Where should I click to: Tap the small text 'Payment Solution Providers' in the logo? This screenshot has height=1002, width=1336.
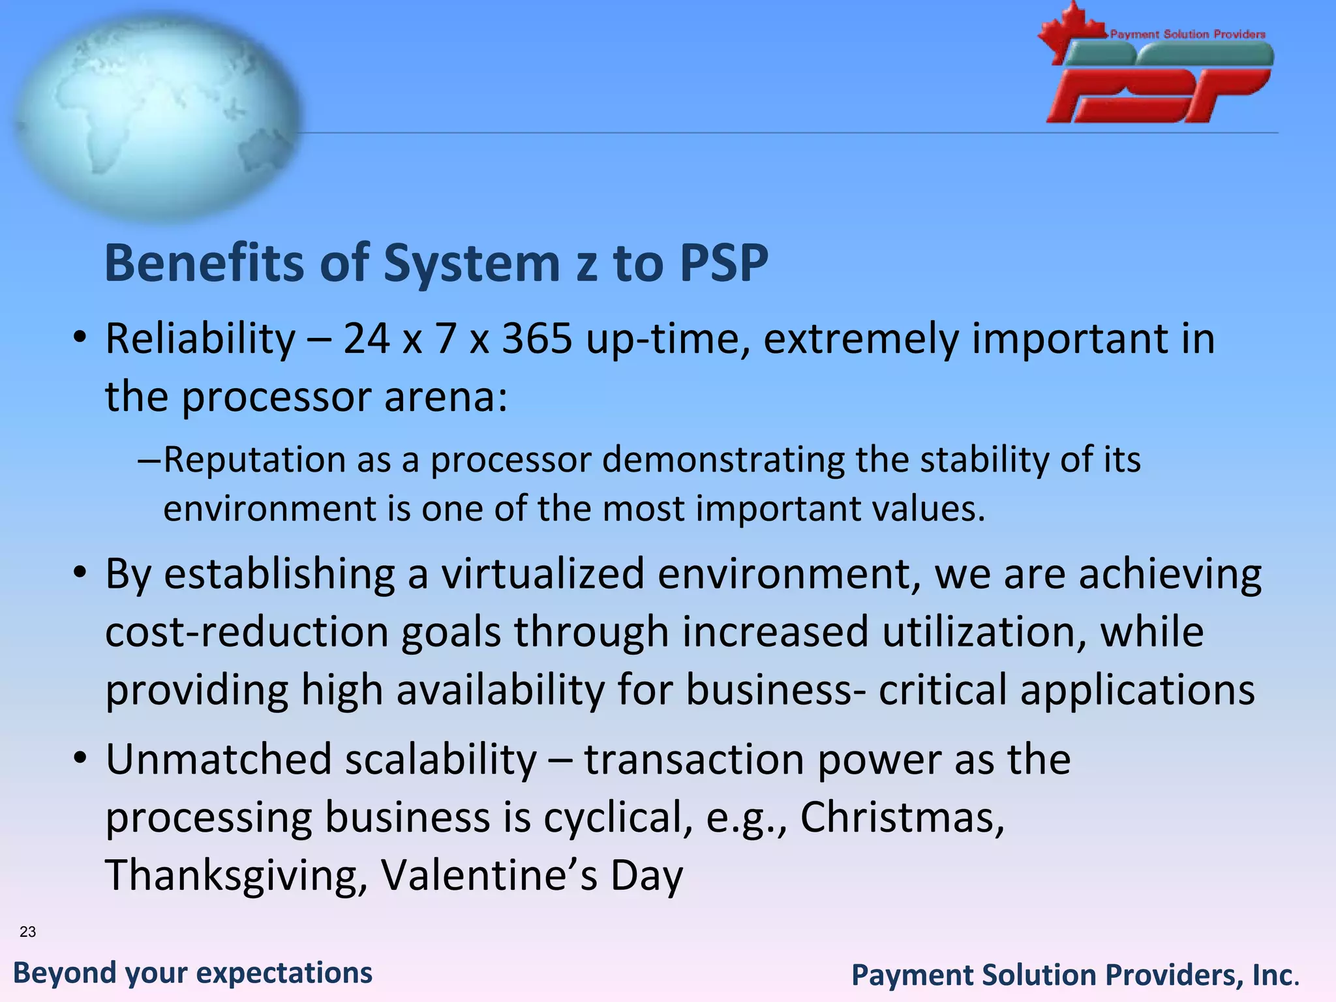[x=1187, y=34]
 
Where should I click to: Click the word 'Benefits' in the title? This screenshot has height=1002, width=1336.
[x=204, y=263]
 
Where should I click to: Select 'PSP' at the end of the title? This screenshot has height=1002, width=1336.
[x=723, y=263]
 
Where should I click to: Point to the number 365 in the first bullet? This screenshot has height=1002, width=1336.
[x=537, y=339]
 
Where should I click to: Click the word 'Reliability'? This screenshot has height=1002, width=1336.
[x=200, y=339]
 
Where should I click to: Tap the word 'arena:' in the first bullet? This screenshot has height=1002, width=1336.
[x=446, y=397]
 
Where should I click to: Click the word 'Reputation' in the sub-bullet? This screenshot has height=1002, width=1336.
[x=253, y=460]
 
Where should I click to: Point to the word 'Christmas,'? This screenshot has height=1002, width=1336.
[x=902, y=817]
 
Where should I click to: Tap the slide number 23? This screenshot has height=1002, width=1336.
[x=28, y=932]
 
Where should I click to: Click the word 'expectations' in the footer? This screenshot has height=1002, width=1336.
[x=284, y=973]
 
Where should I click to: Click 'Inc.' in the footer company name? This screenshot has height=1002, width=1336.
[x=1275, y=975]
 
